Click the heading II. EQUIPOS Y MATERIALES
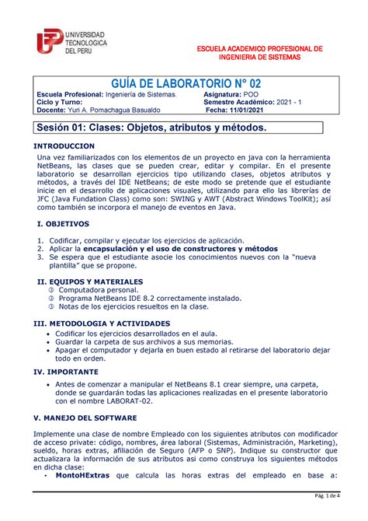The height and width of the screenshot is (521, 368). [90, 281]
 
